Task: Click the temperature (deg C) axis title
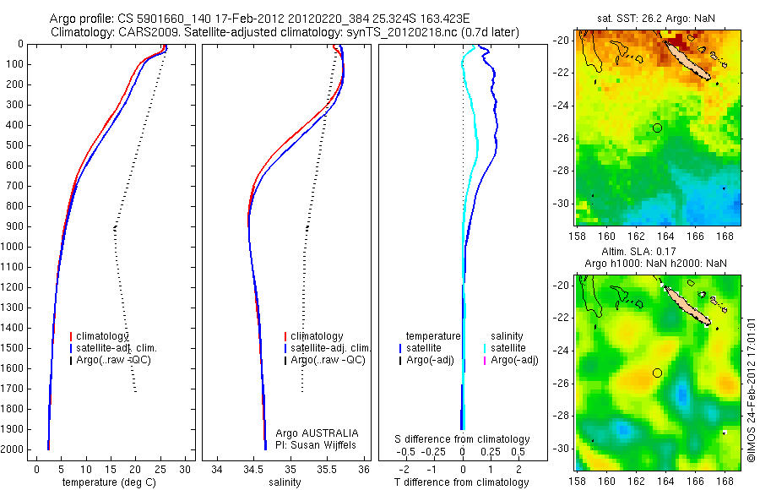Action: pos(107,482)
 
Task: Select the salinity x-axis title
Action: pos(283,482)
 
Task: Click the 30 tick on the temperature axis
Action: pos(186,469)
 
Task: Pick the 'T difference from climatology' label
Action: pos(463,482)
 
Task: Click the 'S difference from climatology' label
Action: pos(463,439)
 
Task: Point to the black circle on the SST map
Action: pos(657,128)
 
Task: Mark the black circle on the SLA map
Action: pos(657,373)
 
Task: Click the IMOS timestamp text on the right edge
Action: pos(751,389)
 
